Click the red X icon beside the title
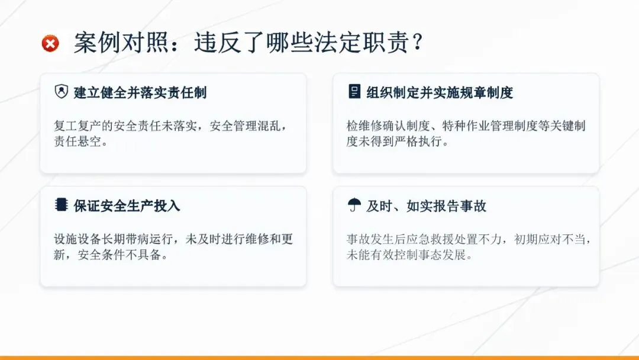tap(50, 43)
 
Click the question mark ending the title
tap(417, 42)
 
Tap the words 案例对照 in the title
tap(121, 43)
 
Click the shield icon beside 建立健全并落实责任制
tap(62, 91)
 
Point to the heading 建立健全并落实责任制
tap(140, 92)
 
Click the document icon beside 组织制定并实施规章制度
tap(354, 91)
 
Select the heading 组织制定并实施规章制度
tap(439, 92)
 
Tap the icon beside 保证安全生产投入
tap(61, 204)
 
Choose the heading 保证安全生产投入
tap(127, 206)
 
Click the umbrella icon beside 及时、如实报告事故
tap(354, 204)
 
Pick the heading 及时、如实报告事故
tap(426, 206)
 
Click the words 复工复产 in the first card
tap(78, 126)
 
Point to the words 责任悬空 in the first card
tap(78, 141)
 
